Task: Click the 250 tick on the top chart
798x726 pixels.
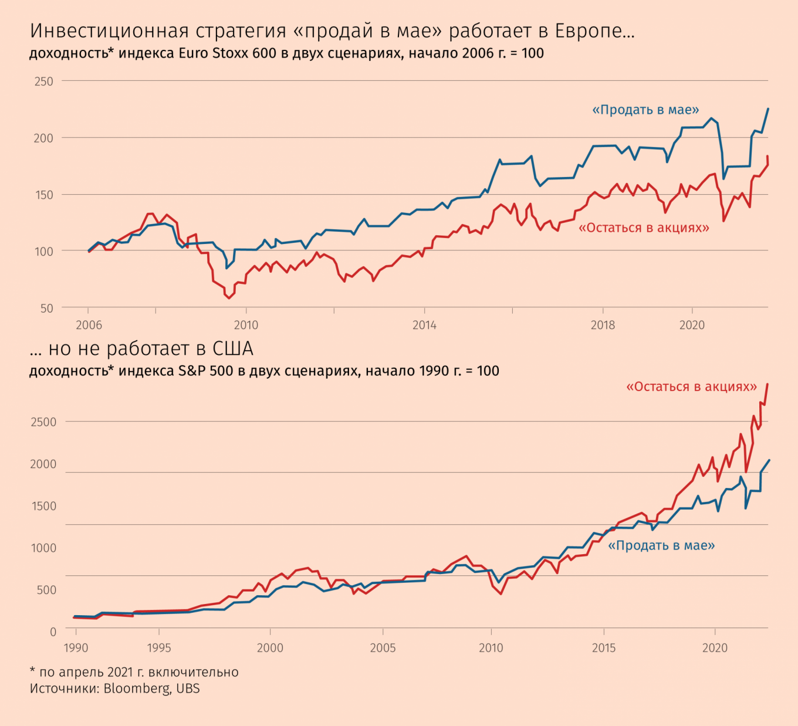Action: click(43, 82)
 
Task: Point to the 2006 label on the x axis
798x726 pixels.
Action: click(89, 325)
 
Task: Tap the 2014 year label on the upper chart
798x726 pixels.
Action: click(424, 325)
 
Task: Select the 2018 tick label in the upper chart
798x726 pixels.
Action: click(603, 325)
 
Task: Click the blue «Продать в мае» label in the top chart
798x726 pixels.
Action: click(645, 110)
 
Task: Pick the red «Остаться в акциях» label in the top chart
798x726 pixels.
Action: click(644, 228)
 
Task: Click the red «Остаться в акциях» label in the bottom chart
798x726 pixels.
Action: click(691, 387)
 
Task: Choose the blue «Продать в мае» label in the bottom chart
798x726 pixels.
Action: click(661, 545)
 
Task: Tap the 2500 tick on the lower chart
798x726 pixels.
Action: click(43, 422)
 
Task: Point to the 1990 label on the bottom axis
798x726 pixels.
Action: click(76, 648)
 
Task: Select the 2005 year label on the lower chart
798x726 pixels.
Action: click(383, 648)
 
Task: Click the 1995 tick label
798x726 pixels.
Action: click(159, 648)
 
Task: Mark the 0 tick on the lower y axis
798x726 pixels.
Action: click(53, 632)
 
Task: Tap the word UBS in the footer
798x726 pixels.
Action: click(188, 688)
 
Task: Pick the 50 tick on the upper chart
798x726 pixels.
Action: click(47, 308)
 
